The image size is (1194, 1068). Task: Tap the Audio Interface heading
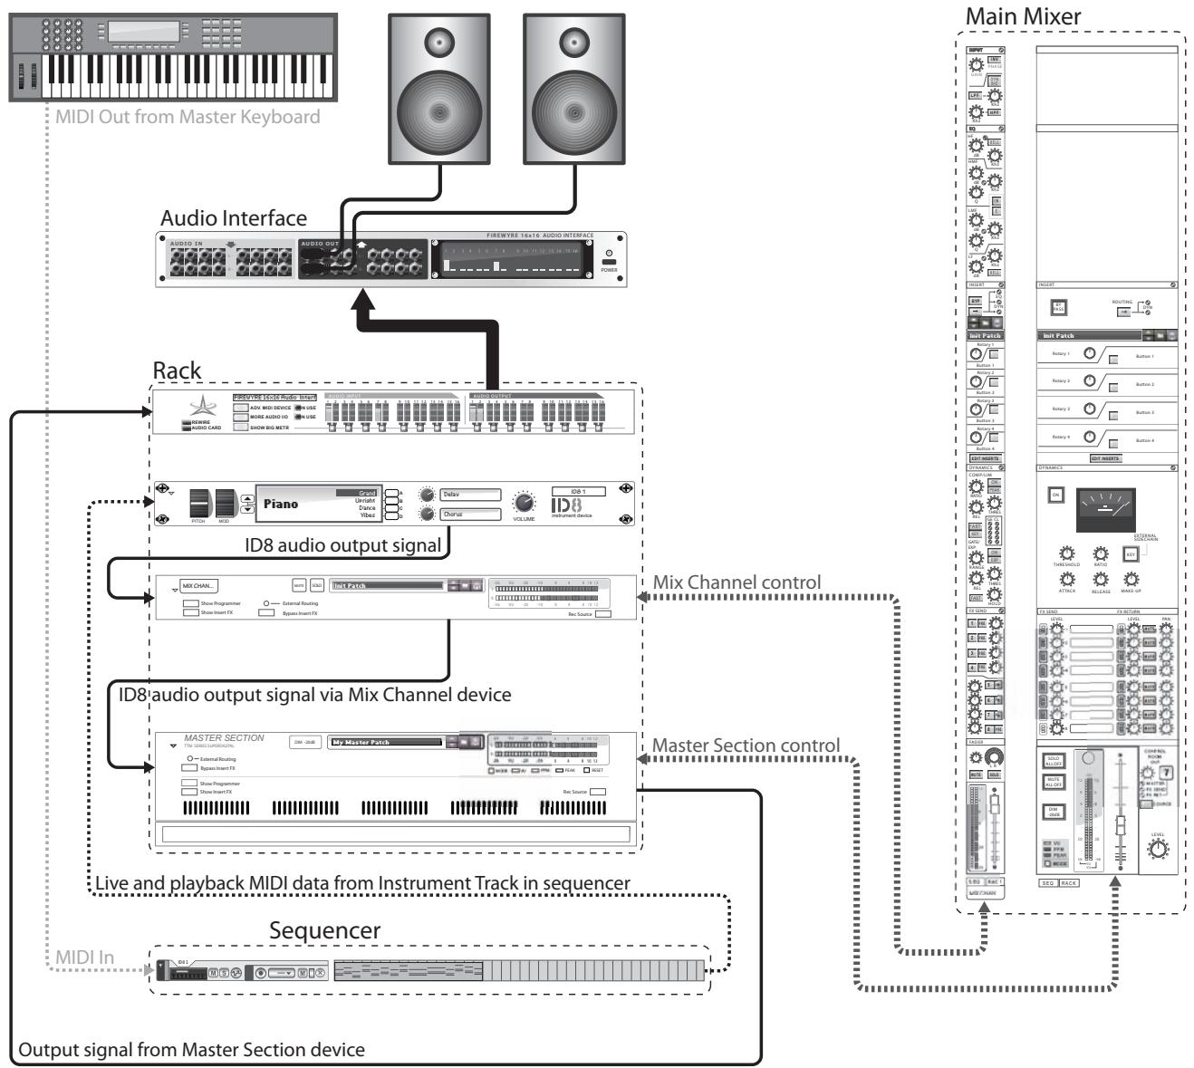pyautogui.click(x=234, y=218)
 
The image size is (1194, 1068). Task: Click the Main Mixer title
pyautogui.click(x=1023, y=16)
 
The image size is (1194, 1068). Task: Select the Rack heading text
pyautogui.click(x=178, y=370)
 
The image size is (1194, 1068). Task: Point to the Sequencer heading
pyautogui.click(x=324, y=930)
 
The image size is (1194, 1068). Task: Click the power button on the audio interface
pyautogui.click(x=609, y=262)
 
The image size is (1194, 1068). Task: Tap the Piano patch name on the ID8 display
pyautogui.click(x=280, y=504)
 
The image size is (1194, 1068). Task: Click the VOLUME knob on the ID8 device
pyautogui.click(x=524, y=503)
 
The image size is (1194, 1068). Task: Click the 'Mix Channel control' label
pyautogui.click(x=737, y=582)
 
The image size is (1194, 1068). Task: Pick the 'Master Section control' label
pyautogui.click(x=746, y=746)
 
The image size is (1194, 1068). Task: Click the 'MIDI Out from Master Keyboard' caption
pyautogui.click(x=188, y=117)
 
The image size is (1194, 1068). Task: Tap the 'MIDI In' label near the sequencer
pyautogui.click(x=84, y=957)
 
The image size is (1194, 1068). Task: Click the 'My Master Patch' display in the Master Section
pyautogui.click(x=386, y=742)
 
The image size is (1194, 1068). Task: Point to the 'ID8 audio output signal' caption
pyautogui.click(x=343, y=545)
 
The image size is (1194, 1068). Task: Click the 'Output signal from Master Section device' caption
pyautogui.click(x=192, y=1050)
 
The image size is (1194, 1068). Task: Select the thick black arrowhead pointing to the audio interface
pyautogui.click(x=363, y=300)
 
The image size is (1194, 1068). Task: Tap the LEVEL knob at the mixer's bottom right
pyautogui.click(x=1158, y=849)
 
